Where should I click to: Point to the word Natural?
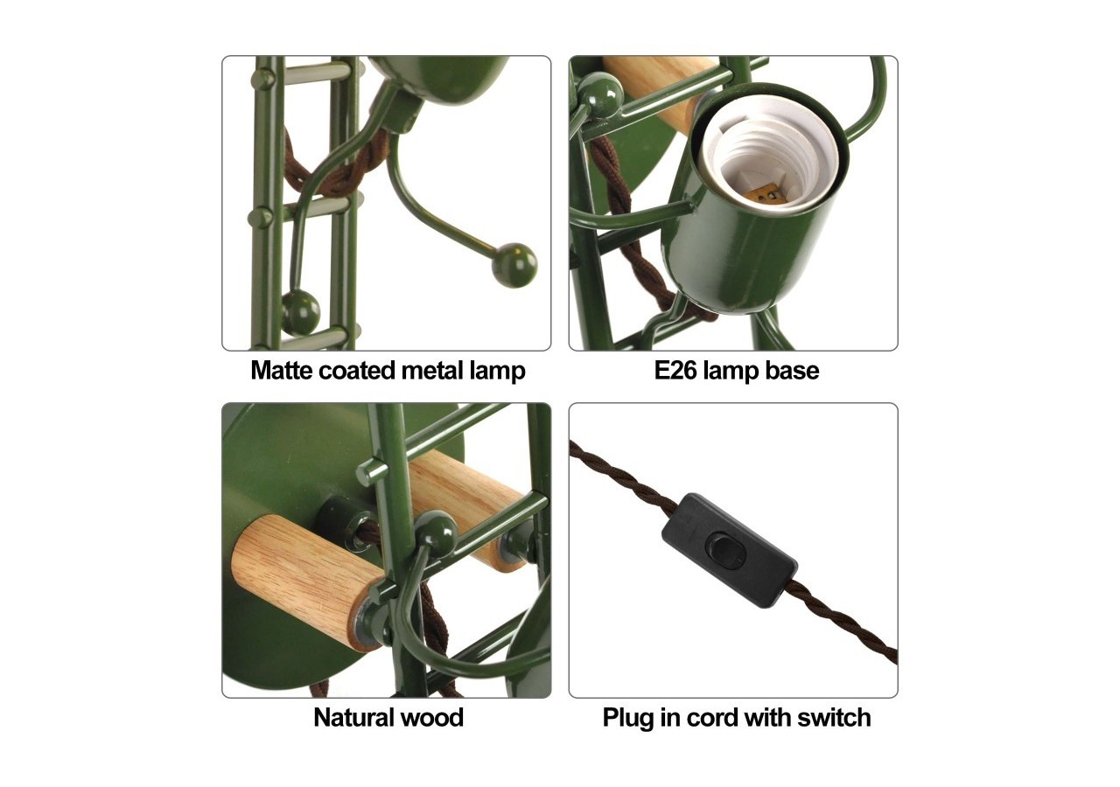(352, 718)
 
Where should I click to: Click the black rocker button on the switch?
(725, 551)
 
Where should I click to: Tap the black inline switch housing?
(729, 550)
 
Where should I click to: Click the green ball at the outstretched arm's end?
(514, 265)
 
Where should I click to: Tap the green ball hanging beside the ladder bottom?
(300, 313)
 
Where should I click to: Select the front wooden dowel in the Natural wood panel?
(306, 582)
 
